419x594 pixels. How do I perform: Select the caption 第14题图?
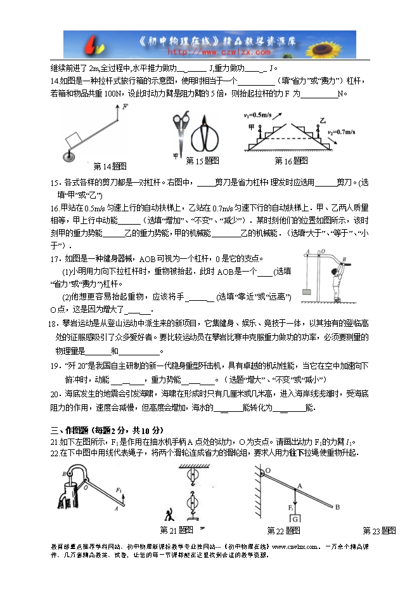[110, 166]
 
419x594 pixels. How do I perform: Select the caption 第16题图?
[291, 161]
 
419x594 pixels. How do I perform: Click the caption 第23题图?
[379, 531]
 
